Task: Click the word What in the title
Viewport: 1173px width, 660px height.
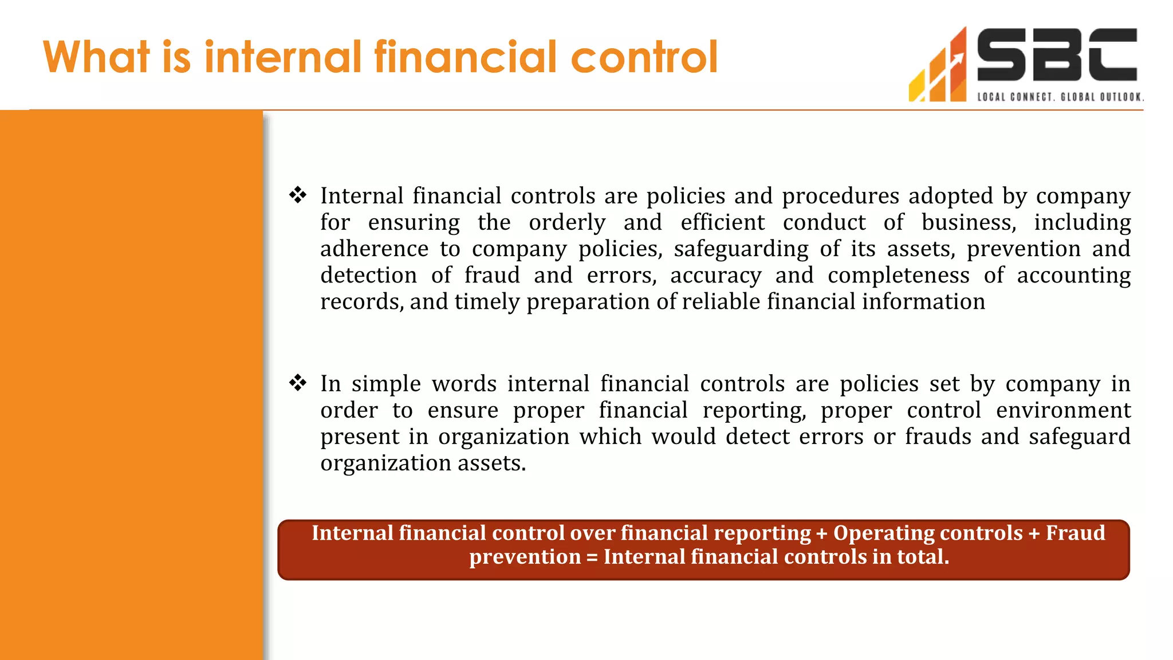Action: [x=96, y=57]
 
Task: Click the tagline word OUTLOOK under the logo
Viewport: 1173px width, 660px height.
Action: [x=1121, y=97]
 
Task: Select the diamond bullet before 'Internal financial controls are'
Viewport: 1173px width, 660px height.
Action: [x=298, y=195]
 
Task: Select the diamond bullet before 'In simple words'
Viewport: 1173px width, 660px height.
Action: [x=298, y=383]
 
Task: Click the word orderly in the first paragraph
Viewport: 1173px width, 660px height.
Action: [x=566, y=222]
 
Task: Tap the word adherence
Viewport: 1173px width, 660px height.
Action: [x=374, y=249]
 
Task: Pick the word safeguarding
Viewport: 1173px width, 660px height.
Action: [x=741, y=249]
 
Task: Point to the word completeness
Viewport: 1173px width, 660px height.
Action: [x=898, y=275]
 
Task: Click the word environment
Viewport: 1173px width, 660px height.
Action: [x=1063, y=410]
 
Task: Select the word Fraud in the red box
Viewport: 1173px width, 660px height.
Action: [x=1075, y=533]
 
